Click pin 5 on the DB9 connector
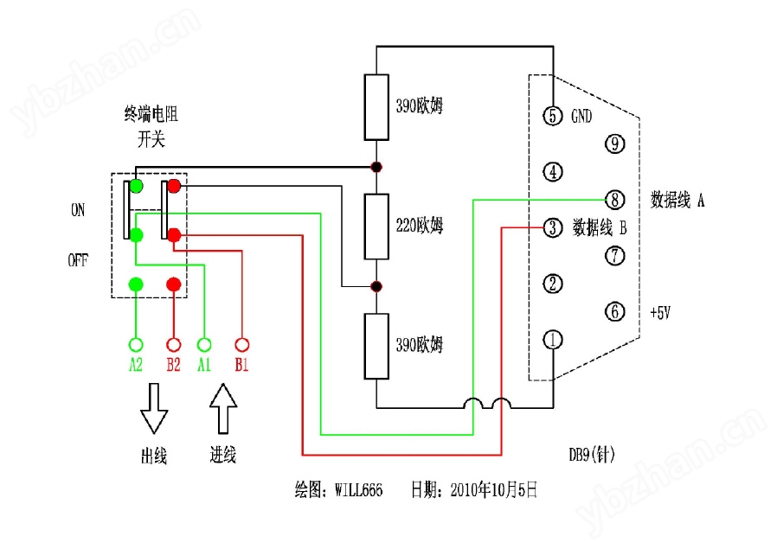click(553, 116)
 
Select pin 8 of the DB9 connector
click(615, 200)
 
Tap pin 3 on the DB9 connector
click(553, 227)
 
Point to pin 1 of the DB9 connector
click(553, 340)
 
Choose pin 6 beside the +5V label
click(615, 312)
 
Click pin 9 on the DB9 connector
click(615, 144)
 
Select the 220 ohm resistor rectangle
click(376, 227)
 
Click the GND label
click(581, 117)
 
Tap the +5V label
click(660, 313)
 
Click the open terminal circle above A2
click(136, 345)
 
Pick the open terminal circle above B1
click(241, 345)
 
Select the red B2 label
click(173, 365)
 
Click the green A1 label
click(204, 365)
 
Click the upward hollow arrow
click(223, 409)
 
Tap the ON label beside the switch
click(78, 210)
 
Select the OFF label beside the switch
click(78, 260)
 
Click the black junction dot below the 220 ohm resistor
click(376, 286)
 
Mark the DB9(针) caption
click(592, 455)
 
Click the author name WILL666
click(359, 490)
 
